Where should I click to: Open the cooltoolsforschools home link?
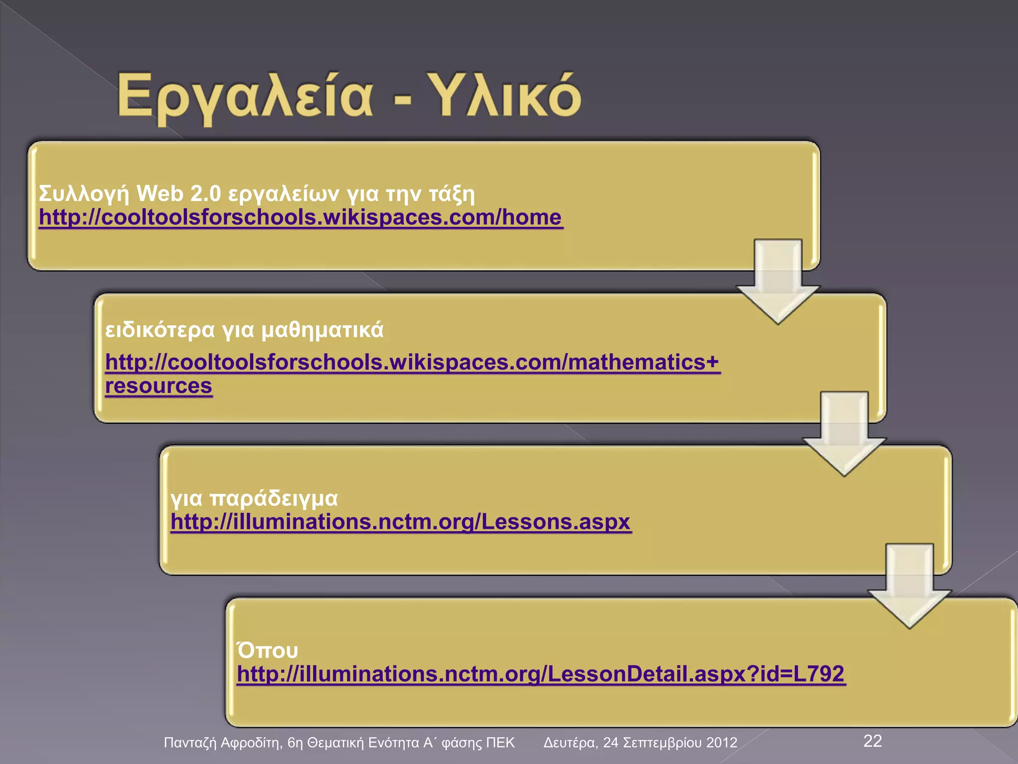300,218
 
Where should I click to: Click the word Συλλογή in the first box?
84,194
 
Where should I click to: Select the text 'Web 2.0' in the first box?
178,193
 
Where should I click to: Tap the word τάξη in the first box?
451,194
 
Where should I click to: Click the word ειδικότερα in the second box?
160,330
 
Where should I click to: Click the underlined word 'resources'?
159,386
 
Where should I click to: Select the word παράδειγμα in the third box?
273,498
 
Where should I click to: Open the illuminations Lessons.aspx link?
400,522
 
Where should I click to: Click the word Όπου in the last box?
267,651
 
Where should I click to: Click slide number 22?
872,741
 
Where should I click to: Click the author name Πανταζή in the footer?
190,743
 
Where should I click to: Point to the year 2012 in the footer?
721,743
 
